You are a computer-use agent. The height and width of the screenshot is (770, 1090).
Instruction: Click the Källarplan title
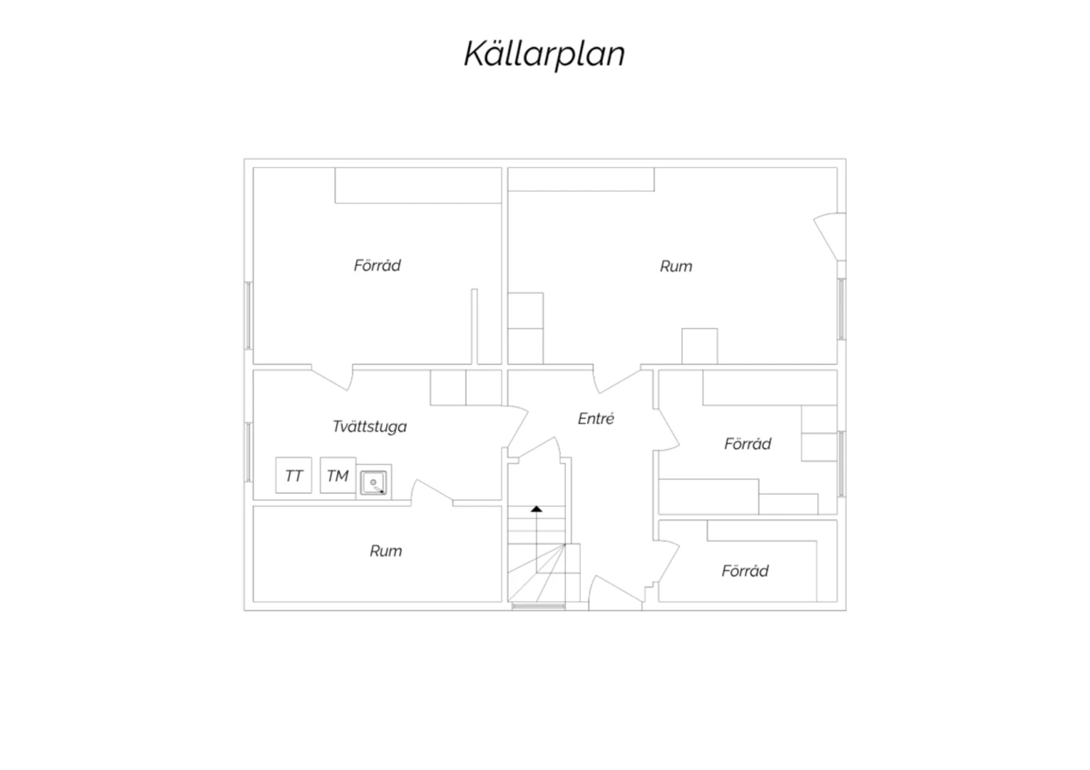tap(544, 54)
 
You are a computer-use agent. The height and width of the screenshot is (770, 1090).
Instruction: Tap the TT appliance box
tap(294, 475)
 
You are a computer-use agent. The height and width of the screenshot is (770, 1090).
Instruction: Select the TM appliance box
tap(338, 475)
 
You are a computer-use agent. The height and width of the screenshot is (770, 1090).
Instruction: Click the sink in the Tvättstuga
tap(374, 482)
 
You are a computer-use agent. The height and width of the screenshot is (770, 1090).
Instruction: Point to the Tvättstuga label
tap(369, 426)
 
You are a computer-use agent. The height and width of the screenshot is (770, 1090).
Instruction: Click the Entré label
tap(596, 418)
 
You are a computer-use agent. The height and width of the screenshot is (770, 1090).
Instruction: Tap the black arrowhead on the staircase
tap(536, 508)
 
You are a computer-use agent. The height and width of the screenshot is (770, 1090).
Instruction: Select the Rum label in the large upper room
tap(676, 266)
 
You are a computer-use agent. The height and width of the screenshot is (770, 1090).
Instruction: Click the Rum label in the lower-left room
tap(386, 551)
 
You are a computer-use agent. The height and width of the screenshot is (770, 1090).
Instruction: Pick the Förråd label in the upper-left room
tap(377, 265)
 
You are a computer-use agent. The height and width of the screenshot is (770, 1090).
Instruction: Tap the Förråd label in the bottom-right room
tap(745, 570)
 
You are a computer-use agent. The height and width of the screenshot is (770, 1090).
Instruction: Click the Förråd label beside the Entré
tap(748, 444)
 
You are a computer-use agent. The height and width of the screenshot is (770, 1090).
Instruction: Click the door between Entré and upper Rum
tap(617, 381)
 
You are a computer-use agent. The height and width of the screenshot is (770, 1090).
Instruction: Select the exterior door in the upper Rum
tap(829, 237)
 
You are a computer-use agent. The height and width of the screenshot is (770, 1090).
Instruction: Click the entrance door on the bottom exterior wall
tap(615, 593)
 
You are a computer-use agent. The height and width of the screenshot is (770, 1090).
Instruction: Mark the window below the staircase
tap(538, 606)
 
